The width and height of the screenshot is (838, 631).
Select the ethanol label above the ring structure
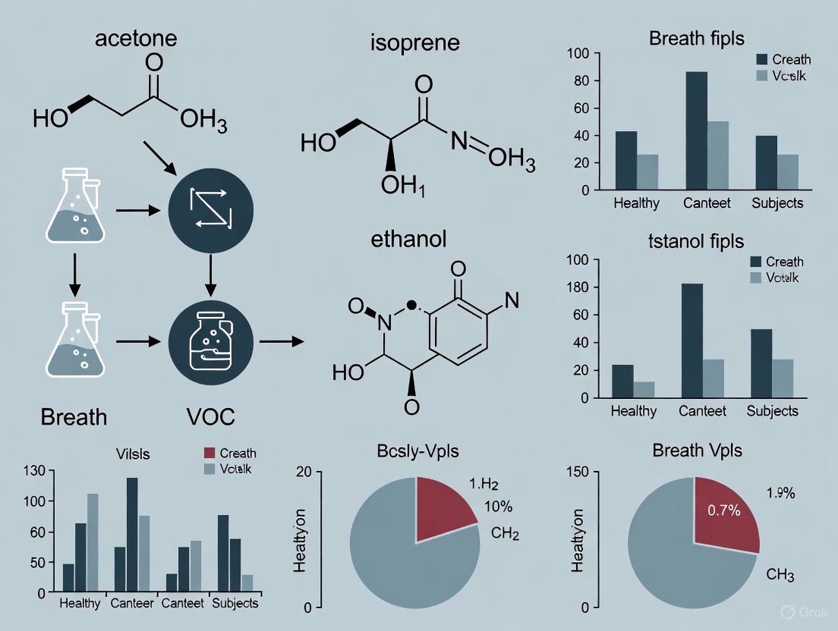tap(408, 240)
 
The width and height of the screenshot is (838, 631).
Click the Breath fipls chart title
tap(696, 38)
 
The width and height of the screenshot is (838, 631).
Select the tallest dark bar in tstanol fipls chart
tap(693, 341)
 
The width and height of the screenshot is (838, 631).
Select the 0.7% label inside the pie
tap(723, 510)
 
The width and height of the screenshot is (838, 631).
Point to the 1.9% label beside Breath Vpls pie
tap(780, 494)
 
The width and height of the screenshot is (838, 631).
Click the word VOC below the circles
tap(210, 416)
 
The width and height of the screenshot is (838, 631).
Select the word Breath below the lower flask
tap(74, 416)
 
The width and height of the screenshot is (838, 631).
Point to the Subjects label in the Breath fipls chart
tap(777, 203)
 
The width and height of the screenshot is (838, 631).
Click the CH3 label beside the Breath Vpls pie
tap(780, 575)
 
